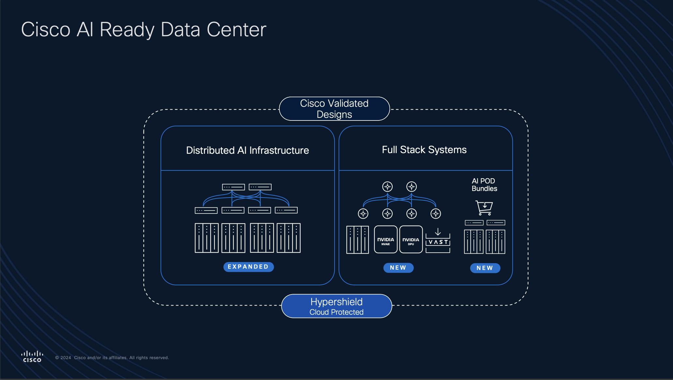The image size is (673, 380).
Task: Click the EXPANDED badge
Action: coord(248,267)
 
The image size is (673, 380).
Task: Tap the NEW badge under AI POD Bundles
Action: coord(485,268)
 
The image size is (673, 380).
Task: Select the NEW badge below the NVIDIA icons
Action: coord(398,268)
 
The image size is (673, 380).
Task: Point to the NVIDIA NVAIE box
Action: coord(385,239)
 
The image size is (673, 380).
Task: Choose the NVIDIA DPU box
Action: coord(411,239)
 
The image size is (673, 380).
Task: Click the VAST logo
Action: coord(438,242)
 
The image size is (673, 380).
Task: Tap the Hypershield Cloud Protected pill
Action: coord(336,306)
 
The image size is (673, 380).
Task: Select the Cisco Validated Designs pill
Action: coord(334,109)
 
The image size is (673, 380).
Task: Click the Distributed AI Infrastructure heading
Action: coord(247,150)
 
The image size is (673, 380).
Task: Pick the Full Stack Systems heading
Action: coord(424,150)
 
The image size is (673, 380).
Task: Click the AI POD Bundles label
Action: coord(484,185)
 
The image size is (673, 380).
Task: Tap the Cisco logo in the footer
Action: coord(32,356)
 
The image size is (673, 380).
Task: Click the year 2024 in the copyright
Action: coord(66,357)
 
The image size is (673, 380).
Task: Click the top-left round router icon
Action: coord(387,186)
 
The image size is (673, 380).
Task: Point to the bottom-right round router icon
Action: coord(436,214)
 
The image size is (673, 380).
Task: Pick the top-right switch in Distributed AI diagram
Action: coord(260,187)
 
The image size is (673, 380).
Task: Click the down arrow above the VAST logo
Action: coord(438,232)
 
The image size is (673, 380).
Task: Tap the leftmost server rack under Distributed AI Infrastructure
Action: coord(206,238)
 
